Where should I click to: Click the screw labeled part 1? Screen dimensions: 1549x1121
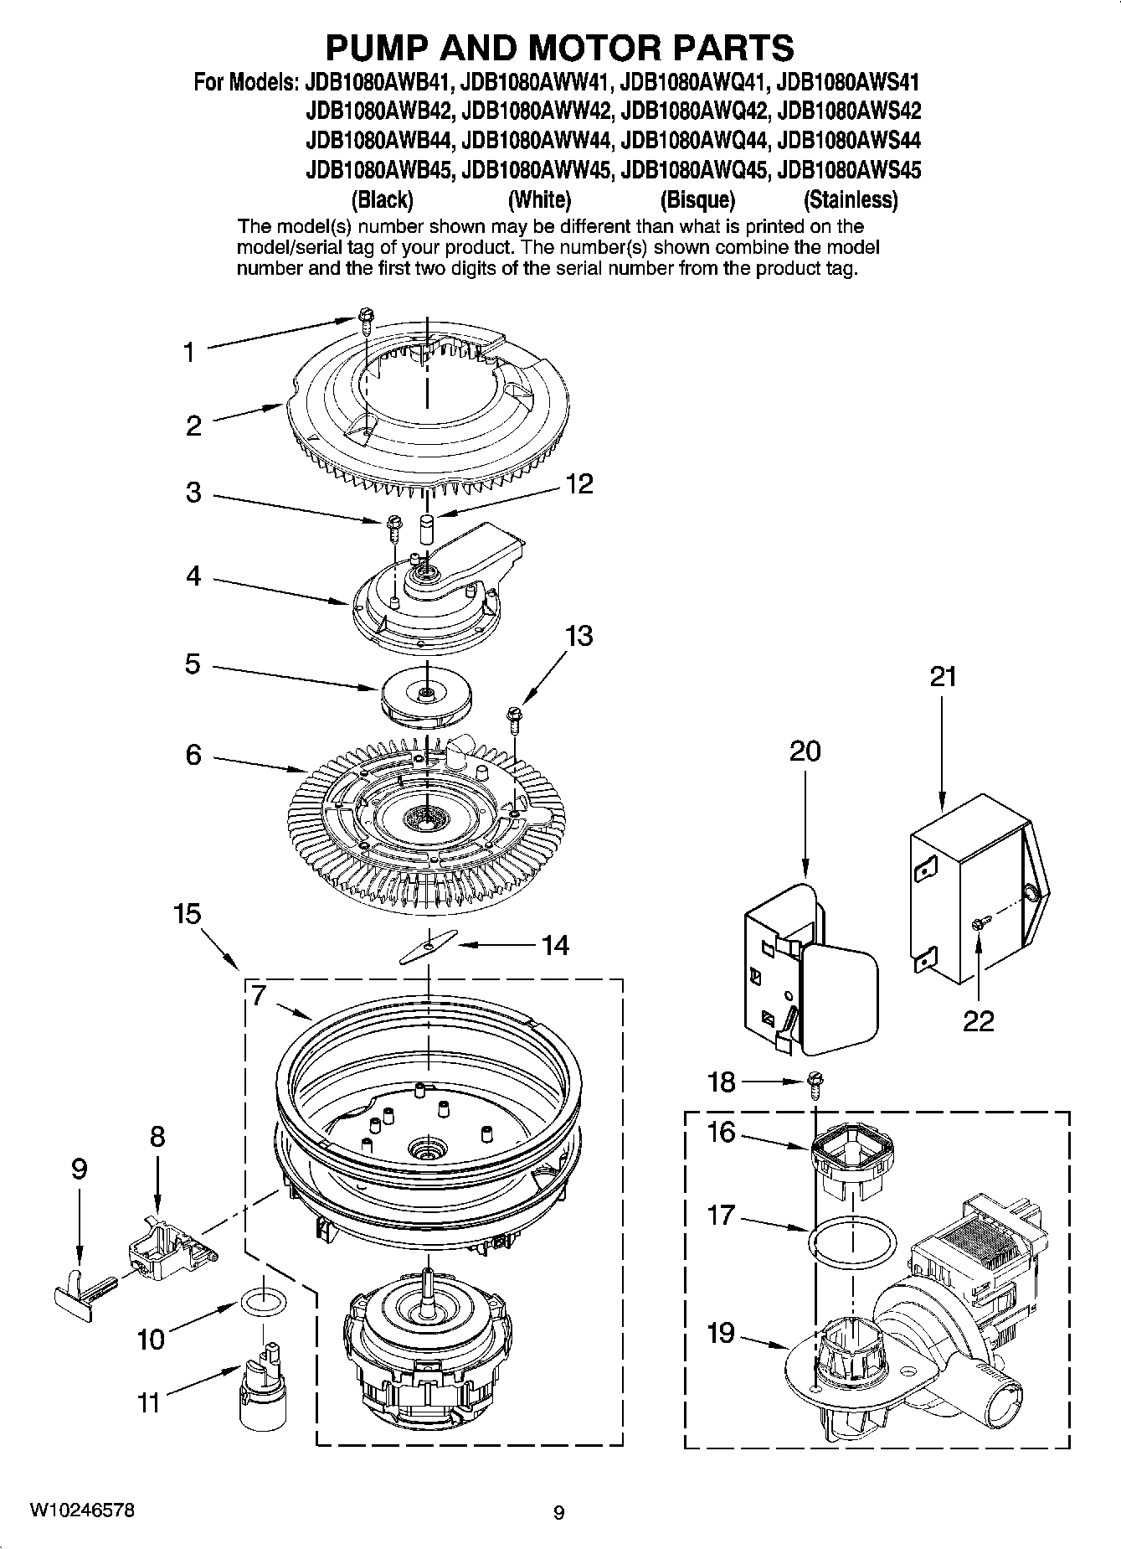click(365, 318)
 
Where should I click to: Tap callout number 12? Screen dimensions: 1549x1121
click(578, 483)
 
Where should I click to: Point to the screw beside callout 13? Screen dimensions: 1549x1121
click(512, 717)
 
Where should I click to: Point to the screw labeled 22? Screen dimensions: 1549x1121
click(978, 922)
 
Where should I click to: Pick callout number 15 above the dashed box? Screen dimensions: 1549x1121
click(188, 914)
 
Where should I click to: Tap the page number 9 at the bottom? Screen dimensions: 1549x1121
click(559, 1513)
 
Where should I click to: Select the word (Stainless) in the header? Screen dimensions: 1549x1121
click(850, 200)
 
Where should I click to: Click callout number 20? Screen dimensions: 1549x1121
click(805, 751)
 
